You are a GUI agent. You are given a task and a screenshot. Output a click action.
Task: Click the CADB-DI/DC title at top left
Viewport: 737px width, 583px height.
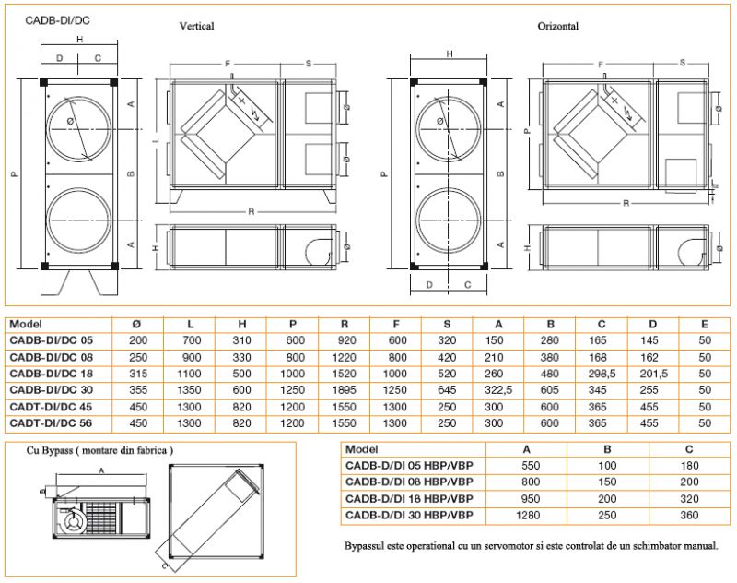57,20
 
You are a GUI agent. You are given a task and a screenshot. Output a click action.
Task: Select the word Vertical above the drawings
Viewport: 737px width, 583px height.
196,26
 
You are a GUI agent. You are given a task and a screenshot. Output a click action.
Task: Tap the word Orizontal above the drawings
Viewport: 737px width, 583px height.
558,26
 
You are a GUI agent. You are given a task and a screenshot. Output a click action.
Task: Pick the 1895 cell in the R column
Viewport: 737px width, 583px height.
344,390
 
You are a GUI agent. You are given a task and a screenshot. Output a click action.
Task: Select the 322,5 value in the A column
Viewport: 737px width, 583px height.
498,390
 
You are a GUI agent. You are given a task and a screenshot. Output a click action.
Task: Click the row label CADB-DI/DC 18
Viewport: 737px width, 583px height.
52,374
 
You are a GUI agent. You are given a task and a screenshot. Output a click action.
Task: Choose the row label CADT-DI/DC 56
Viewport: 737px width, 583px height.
51,423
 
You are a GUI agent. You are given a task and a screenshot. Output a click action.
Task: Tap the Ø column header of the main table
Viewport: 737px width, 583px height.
136,324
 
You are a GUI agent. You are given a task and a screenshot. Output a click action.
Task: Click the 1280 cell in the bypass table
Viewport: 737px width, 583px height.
528,516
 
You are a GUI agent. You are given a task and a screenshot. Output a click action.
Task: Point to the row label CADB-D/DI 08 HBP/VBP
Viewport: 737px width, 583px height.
409,482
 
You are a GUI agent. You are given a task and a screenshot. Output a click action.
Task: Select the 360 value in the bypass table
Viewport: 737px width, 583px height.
689,516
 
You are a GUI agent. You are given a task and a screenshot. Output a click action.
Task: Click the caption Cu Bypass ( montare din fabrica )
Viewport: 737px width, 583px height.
99,450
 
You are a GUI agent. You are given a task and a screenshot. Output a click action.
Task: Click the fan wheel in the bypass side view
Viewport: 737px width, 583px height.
74,522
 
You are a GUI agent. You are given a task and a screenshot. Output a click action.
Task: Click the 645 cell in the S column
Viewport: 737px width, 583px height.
447,390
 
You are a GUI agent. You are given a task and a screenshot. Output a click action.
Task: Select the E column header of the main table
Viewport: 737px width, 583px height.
705,324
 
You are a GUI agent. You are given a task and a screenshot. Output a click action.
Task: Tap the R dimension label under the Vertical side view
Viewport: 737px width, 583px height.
251,212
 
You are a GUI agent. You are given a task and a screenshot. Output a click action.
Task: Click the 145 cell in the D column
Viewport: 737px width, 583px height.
649,340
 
